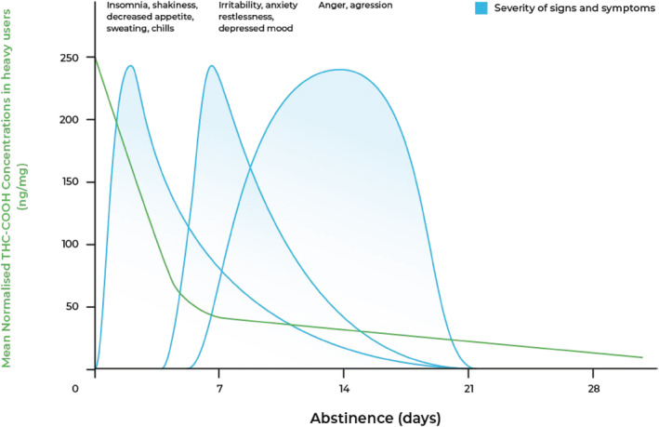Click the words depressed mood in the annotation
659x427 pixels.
click(256, 30)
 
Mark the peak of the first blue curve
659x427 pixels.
click(130, 66)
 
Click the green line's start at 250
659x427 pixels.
click(96, 59)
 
